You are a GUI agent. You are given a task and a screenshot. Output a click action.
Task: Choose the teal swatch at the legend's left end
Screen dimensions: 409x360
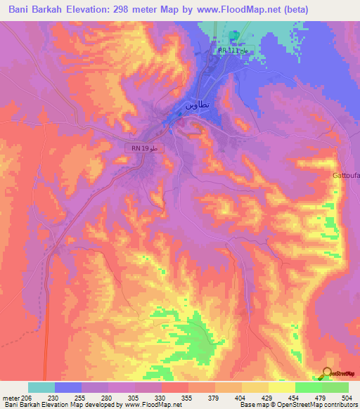click(41, 387)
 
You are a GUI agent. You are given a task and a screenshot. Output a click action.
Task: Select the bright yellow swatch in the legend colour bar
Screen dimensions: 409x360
click(282, 387)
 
